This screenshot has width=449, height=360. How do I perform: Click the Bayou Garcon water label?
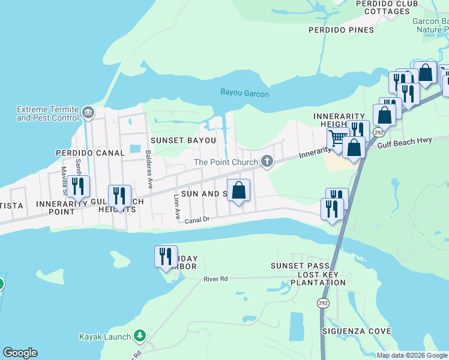[244, 94]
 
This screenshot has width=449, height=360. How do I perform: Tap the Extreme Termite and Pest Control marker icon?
[88, 112]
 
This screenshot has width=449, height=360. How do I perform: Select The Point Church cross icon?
[267, 161]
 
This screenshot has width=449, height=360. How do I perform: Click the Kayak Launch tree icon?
[139, 335]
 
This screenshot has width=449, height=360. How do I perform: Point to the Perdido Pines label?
[341, 30]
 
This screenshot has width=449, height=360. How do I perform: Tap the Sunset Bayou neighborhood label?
[182, 140]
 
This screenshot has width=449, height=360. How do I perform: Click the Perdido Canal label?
[89, 153]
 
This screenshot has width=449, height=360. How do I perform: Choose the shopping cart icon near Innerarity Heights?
[337, 139]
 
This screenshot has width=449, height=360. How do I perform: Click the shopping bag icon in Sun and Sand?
[238, 190]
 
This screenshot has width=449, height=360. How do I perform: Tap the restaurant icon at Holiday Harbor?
[166, 256]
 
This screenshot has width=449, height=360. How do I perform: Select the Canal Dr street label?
[197, 220]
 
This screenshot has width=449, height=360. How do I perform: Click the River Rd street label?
[216, 278]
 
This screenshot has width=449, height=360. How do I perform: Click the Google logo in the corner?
[20, 353]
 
